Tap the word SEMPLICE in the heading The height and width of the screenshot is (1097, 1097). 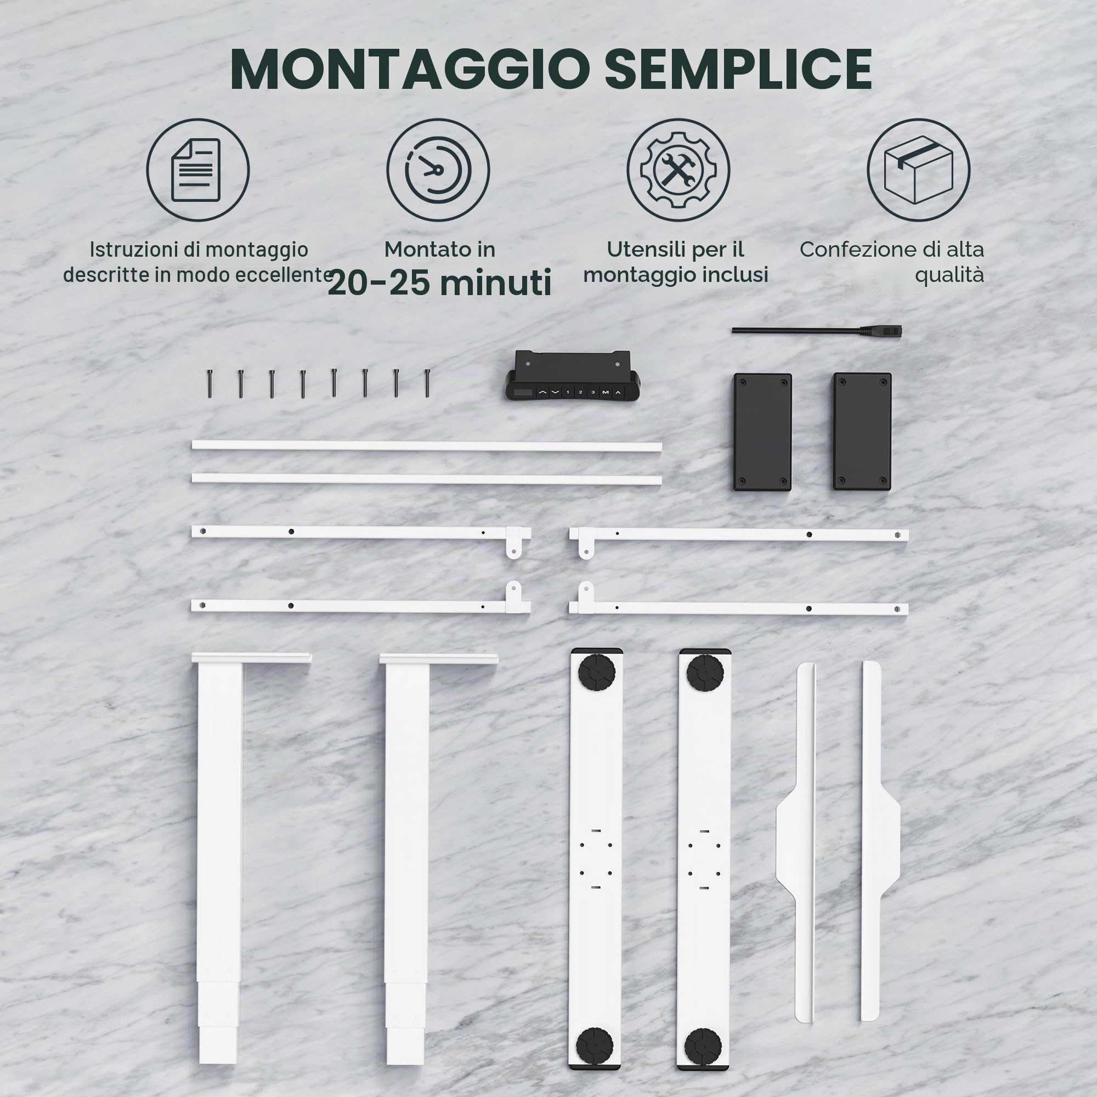pos(738,69)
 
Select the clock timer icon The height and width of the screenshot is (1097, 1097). pos(438,170)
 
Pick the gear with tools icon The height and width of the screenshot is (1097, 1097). pos(678,170)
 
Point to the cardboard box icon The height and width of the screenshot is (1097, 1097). pos(918,170)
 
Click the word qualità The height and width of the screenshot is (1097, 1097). pos(949,275)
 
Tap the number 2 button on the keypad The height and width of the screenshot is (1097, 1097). pos(580,392)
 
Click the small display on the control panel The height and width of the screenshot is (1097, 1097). pos(523,392)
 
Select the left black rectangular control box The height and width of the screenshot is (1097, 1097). pos(762,432)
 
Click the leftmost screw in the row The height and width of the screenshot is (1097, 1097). pos(210,383)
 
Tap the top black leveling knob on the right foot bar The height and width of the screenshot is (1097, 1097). pos(705,673)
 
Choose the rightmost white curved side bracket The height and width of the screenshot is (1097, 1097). pos(880,841)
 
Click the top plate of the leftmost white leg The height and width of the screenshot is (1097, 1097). pos(252,658)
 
